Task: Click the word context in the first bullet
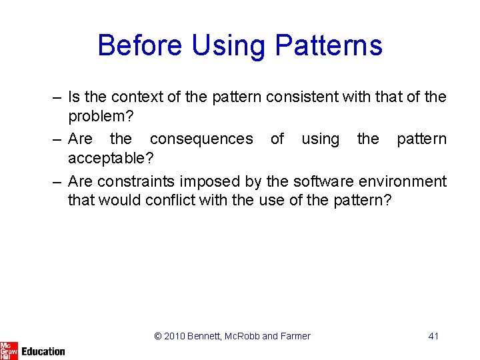click(135, 97)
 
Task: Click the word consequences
click(201, 139)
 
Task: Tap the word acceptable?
click(111, 159)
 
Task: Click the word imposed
click(206, 181)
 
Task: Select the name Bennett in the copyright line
click(207, 336)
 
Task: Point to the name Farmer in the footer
click(295, 336)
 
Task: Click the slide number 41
click(433, 336)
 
